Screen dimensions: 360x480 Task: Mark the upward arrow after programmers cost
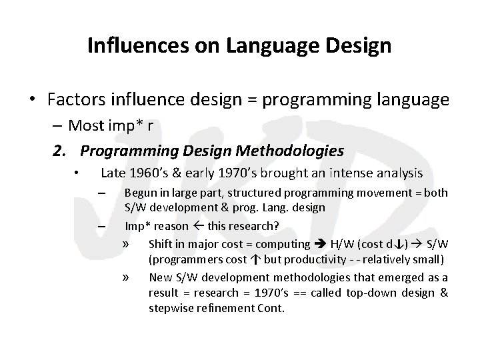point(256,259)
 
